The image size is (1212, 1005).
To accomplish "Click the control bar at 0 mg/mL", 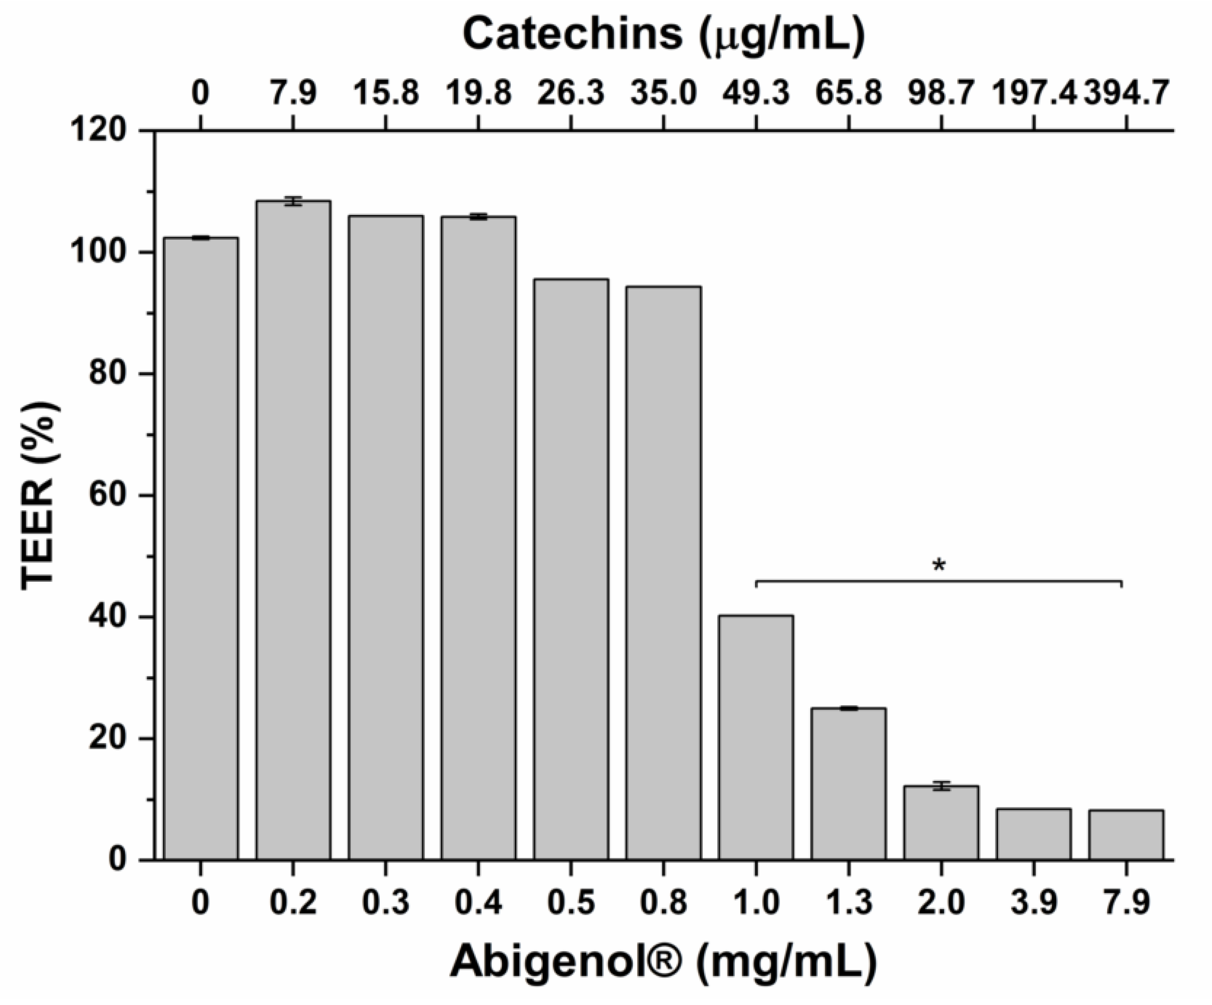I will (x=200, y=548).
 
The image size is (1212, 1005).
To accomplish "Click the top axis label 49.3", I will (x=756, y=93).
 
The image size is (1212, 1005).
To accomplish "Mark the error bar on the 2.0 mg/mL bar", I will (x=941, y=786).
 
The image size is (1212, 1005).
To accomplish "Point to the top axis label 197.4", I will (x=1034, y=93).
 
